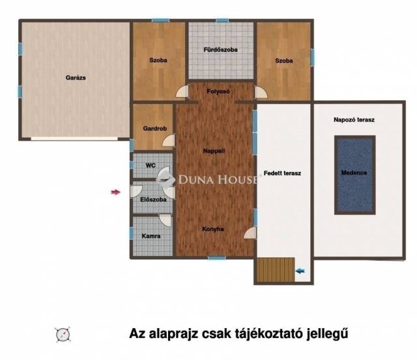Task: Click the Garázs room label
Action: pyautogui.click(x=76, y=78)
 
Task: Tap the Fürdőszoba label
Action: pyautogui.click(x=220, y=49)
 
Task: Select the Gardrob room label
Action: pyautogui.click(x=155, y=129)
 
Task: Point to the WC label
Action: pyautogui.click(x=151, y=165)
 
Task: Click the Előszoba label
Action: pyautogui.click(x=153, y=199)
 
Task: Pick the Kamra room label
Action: pyautogui.click(x=151, y=236)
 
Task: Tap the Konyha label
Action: pyautogui.click(x=213, y=229)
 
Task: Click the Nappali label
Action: pyautogui.click(x=214, y=151)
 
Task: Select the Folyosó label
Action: pyautogui.click(x=218, y=91)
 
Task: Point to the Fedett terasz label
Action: pyautogui.click(x=282, y=173)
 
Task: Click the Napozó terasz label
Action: pyautogui.click(x=354, y=120)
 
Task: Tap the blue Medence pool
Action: pyautogui.click(x=354, y=175)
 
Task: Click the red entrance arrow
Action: pyautogui.click(x=116, y=192)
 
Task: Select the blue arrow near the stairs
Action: pyautogui.click(x=300, y=271)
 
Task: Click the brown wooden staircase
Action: pyautogui.click(x=276, y=270)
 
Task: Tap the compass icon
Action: pyautogui.click(x=63, y=334)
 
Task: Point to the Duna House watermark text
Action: pyautogui.click(x=218, y=180)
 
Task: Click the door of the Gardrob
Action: pyautogui.click(x=169, y=141)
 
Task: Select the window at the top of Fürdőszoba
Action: pyautogui.click(x=222, y=20)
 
